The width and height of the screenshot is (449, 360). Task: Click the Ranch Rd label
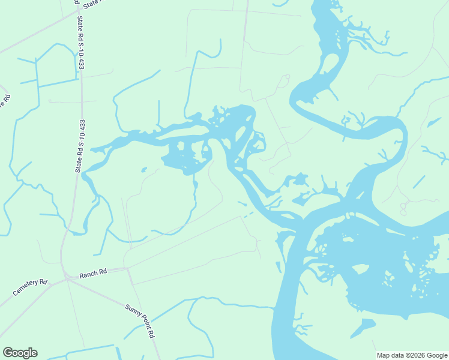coord(94,272)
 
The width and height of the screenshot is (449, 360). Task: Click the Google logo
coord(20,353)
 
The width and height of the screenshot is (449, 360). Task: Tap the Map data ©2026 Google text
coord(411,355)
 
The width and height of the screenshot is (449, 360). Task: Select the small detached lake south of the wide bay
coord(362,328)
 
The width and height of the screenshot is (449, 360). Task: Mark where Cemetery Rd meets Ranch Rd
coord(65,278)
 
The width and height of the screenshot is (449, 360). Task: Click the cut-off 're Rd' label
coord(3,100)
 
